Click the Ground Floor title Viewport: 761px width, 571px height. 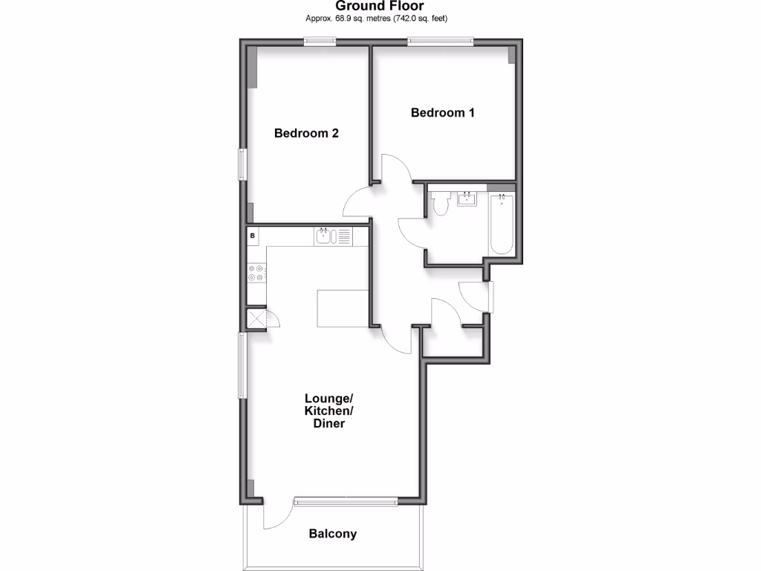(x=380, y=7)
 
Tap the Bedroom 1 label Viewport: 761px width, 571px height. (x=443, y=113)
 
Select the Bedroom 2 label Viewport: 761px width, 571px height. (x=306, y=134)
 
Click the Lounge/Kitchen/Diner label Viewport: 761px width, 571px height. (x=328, y=410)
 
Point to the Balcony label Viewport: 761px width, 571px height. (x=333, y=534)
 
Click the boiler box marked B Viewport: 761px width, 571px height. (x=253, y=236)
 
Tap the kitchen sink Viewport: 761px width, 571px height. (x=324, y=237)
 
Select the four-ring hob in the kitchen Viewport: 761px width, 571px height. (x=256, y=273)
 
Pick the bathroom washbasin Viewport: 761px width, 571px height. (x=467, y=199)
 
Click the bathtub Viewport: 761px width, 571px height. (x=502, y=224)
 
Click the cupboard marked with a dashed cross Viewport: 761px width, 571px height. (x=256, y=318)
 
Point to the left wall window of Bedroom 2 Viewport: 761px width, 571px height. (x=242, y=164)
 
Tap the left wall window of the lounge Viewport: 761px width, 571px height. (x=242, y=365)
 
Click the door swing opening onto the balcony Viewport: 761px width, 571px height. (x=275, y=515)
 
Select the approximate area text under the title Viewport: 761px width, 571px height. (x=380, y=18)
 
